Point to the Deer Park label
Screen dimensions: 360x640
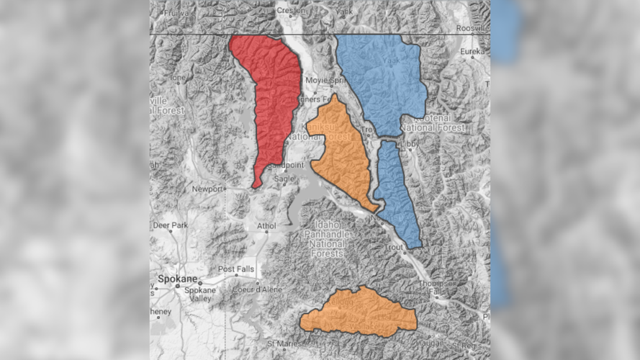click(x=170, y=225)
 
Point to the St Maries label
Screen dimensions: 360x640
click(x=283, y=343)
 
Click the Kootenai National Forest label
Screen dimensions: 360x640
click(x=432, y=122)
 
